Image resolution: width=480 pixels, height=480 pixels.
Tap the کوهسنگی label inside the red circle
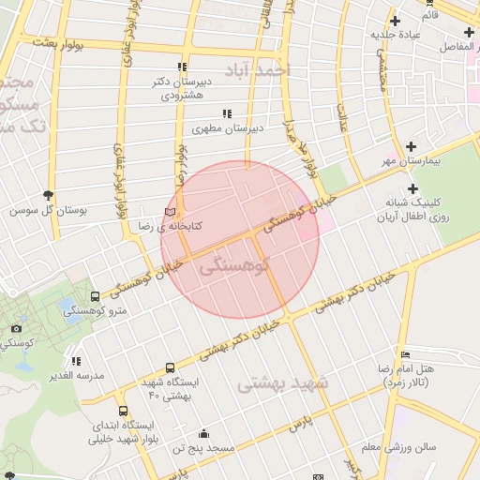point(234,265)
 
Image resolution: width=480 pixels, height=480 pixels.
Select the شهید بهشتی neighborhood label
point(282,383)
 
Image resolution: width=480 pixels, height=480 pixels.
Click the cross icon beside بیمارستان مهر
point(412,146)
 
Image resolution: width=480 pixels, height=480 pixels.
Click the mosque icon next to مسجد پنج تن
point(204,434)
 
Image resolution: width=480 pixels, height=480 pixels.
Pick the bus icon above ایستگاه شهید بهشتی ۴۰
point(170,367)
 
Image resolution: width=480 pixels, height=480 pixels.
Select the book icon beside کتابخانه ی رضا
point(169,212)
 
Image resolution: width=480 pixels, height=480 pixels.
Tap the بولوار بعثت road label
point(58,42)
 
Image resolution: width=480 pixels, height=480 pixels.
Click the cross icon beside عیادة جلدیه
point(394,20)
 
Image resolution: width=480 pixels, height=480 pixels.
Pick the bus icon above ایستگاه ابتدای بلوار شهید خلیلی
point(123,411)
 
